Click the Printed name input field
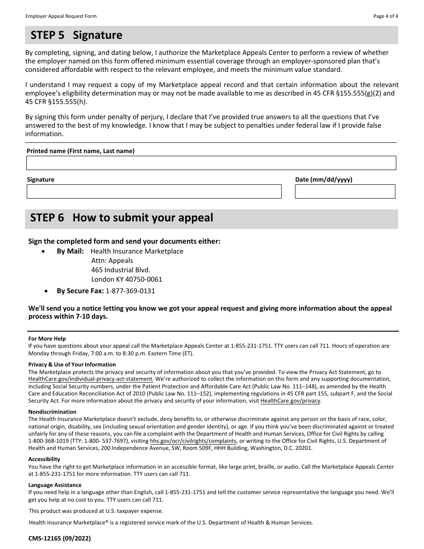pos(211,163)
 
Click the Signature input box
pos(154,191)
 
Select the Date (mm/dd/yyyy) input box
pos(345,191)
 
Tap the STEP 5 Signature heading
pos(76,35)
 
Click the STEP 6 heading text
pos(122,218)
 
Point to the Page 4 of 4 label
pos(386,16)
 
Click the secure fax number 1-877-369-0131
pos(130,291)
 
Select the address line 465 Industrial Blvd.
pos(121,270)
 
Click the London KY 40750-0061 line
pos(127,279)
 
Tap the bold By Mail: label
pos(70,251)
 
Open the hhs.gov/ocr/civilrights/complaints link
pos(193,441)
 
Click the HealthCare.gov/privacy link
pos(290,401)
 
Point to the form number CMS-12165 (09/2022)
pos(59,539)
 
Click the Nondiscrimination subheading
pos(52,412)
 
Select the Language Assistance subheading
pos(55,485)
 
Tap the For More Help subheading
pos(47,339)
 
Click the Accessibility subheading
pos(44,459)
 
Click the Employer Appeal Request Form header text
pos(61,16)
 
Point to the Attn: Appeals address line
pos(112,261)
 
